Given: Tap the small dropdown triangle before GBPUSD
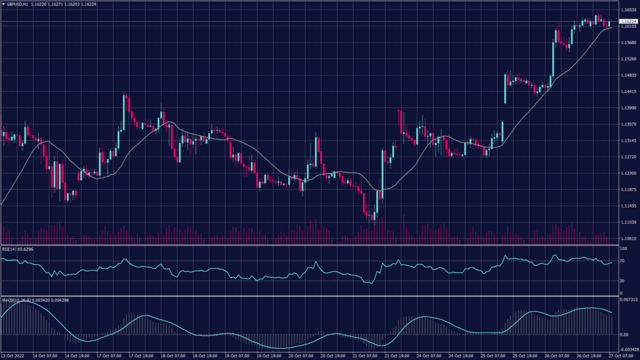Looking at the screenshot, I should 3,4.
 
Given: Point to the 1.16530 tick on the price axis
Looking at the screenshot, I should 627,10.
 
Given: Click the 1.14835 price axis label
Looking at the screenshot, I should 627,76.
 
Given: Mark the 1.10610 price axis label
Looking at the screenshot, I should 627,239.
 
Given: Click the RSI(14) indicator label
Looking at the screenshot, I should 10,249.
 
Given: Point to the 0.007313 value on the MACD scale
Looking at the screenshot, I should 627,301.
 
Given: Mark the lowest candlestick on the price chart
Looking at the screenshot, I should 372,216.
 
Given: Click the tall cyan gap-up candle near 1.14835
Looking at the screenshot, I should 505,88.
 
